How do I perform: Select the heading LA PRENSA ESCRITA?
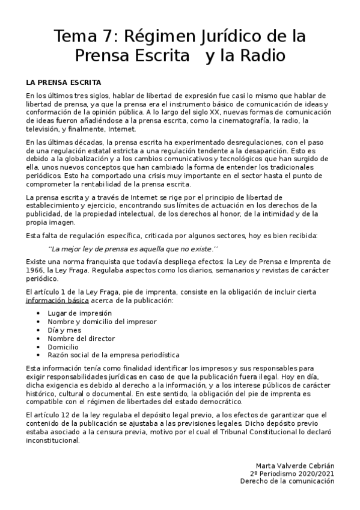pos(63,82)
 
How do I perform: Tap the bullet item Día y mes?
pos(64,330)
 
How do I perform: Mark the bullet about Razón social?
pos(113,355)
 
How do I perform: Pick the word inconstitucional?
pos(53,440)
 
